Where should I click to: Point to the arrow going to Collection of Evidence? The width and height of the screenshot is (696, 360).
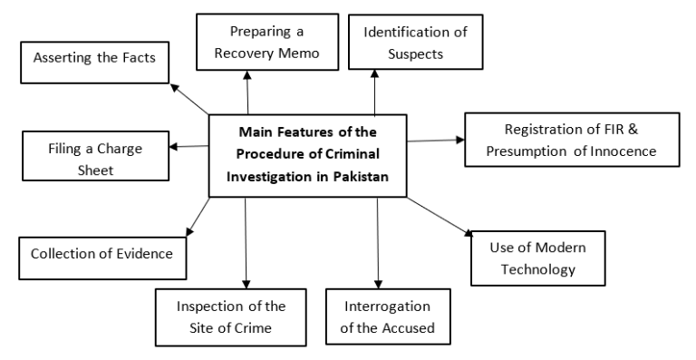(197, 218)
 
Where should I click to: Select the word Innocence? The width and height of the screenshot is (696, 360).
(619, 150)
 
